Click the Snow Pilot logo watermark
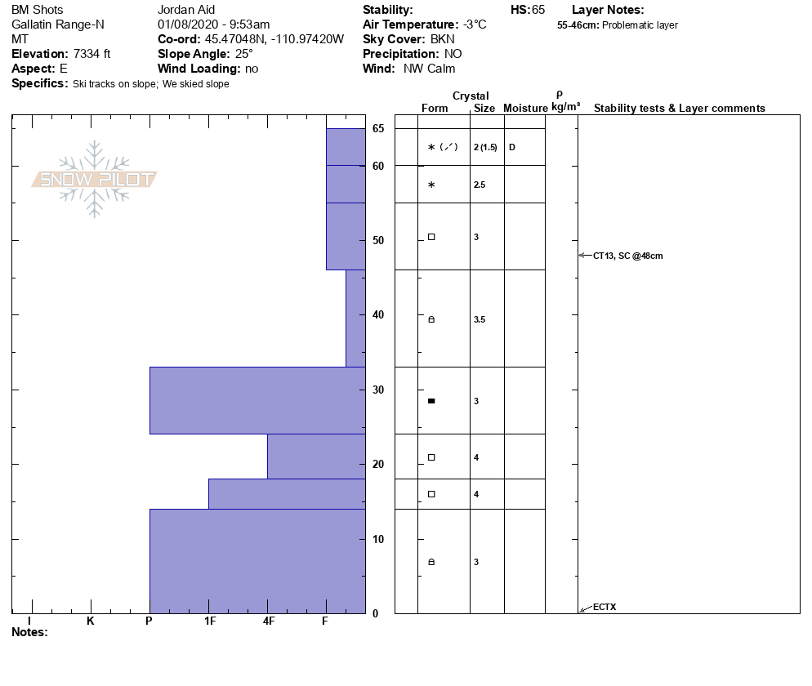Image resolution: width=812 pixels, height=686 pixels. coord(95,179)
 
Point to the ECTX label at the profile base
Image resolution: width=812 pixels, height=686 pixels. coord(605,607)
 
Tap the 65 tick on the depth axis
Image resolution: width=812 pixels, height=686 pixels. coord(378,128)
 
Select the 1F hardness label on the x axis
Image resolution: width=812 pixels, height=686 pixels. coord(209,621)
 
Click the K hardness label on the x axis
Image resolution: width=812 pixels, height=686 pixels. coord(91,621)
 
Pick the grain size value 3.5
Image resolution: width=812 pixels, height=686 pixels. coord(480,319)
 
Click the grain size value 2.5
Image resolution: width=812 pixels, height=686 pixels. coord(480,185)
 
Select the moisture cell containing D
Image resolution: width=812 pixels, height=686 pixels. coord(512,147)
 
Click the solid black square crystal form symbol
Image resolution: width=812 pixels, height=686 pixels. coord(431,401)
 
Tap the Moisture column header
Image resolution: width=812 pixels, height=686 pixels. coord(525,109)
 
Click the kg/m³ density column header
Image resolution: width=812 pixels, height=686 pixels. coord(565,107)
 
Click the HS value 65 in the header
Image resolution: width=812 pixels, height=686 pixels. coord(538,10)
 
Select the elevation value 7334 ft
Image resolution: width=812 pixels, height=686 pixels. coord(91,54)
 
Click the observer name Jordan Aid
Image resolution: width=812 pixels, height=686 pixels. coord(185,10)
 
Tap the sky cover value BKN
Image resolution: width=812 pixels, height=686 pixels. coord(445,39)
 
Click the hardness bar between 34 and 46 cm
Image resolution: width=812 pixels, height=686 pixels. coord(355,318)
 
